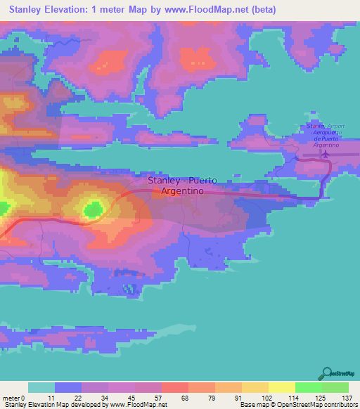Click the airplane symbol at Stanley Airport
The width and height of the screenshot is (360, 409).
[x=324, y=152]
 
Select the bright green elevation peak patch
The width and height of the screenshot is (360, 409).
[x=93, y=209]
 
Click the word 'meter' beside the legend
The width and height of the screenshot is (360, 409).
[x=11, y=397]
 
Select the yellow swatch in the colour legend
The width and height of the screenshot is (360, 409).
[x=281, y=387]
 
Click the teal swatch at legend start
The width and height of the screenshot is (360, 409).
[x=41, y=387]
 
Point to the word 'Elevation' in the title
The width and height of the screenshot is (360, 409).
[x=72, y=10]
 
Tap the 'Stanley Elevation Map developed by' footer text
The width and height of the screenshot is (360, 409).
[x=53, y=405]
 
